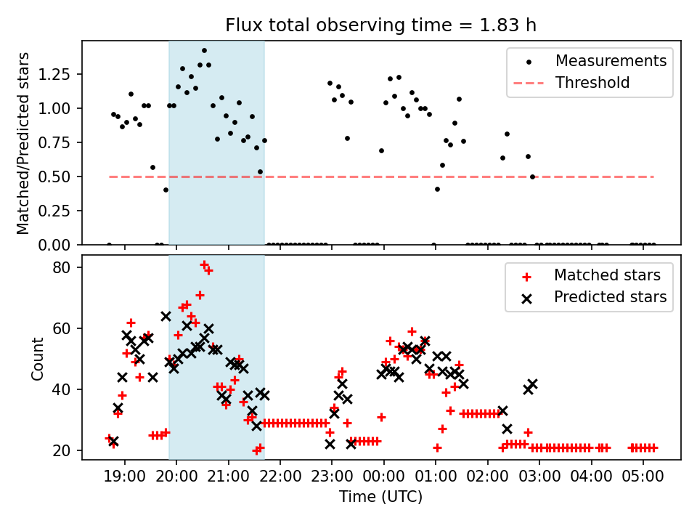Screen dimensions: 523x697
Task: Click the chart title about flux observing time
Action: [x=380, y=25]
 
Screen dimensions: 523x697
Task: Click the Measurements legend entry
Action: [x=611, y=61]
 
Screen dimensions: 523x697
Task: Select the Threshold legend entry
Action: [x=592, y=83]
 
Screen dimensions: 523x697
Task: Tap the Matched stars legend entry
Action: [x=607, y=275]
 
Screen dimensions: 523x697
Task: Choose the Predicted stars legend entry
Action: [x=610, y=297]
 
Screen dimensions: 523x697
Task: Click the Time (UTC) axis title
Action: [x=380, y=498]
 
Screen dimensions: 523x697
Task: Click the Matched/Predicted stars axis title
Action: [x=23, y=143]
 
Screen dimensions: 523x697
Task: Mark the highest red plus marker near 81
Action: [x=204, y=264]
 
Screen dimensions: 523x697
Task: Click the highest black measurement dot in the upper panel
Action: [x=204, y=51]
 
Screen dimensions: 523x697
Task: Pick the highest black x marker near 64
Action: [x=166, y=316]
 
